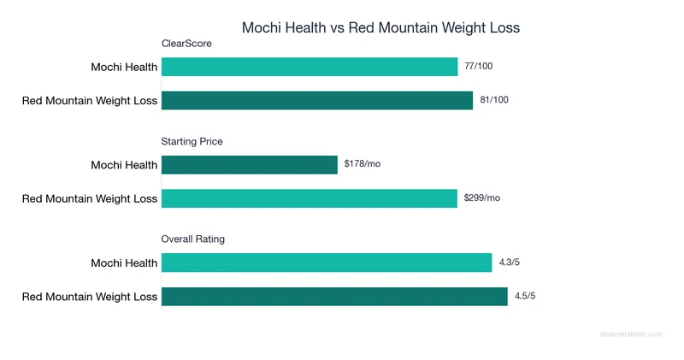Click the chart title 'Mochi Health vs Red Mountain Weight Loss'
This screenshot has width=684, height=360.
[x=380, y=27]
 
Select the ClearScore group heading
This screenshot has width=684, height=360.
[x=186, y=44]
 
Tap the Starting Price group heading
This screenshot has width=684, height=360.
[x=192, y=141]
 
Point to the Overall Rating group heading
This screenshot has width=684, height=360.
[x=193, y=239]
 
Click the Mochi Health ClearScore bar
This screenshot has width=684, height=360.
[x=310, y=67]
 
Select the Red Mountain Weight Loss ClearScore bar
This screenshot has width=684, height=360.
[x=317, y=101]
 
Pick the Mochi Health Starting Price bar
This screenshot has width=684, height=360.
[x=250, y=164]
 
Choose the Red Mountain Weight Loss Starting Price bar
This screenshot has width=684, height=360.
[x=310, y=198]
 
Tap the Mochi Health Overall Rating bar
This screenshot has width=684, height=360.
[x=327, y=263]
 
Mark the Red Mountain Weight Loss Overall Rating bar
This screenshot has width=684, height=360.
[x=334, y=297]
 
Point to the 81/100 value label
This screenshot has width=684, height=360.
[x=494, y=100]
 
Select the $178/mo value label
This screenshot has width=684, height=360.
[x=363, y=163]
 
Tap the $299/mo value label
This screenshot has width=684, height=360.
[x=482, y=198]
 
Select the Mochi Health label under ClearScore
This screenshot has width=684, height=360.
[x=124, y=67]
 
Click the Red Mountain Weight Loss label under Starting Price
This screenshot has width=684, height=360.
[x=90, y=198]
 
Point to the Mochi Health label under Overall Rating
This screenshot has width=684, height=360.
[x=124, y=263]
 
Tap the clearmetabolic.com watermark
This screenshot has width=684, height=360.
[x=631, y=334]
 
